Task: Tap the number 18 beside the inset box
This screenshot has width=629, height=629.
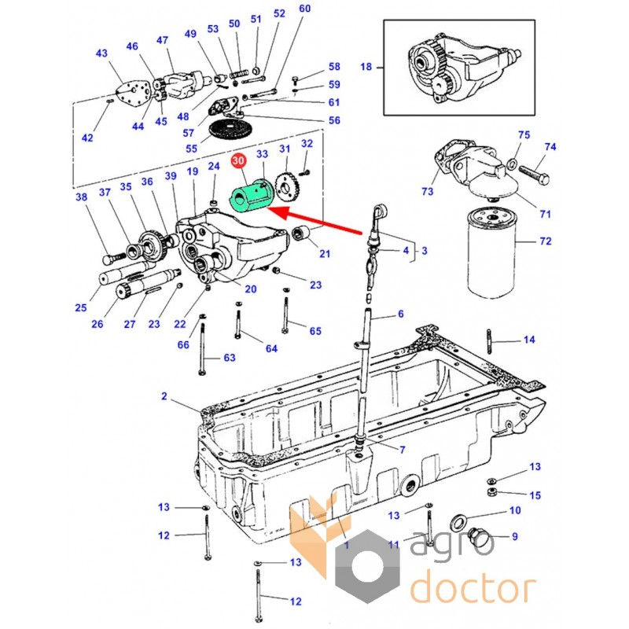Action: (366, 67)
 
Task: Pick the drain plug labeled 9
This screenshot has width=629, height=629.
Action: (477, 538)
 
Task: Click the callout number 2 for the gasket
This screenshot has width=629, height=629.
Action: (164, 396)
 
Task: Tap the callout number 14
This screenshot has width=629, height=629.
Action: (529, 340)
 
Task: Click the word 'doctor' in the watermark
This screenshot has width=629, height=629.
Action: (473, 587)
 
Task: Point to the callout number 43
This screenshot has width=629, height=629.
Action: (101, 53)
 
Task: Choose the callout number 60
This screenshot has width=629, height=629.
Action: (305, 9)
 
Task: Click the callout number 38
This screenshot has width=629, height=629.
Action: (81, 198)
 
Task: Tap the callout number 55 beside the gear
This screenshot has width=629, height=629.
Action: (191, 148)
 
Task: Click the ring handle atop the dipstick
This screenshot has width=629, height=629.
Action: (379, 212)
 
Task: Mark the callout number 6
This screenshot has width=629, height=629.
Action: (400, 314)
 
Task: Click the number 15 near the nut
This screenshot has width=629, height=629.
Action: (535, 495)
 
